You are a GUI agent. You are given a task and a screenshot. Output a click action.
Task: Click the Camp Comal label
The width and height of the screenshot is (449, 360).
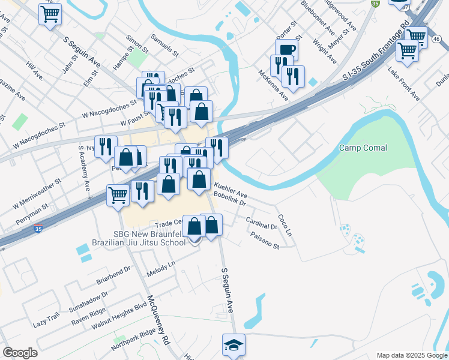[363, 148]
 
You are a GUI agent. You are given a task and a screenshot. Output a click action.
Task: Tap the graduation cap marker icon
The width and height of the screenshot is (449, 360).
[234, 344]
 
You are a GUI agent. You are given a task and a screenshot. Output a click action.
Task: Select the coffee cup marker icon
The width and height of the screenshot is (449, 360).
[286, 50]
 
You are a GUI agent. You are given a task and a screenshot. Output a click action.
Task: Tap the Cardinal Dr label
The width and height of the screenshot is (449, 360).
[262, 223]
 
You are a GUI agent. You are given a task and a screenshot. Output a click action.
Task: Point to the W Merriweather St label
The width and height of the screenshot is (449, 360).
[38, 193]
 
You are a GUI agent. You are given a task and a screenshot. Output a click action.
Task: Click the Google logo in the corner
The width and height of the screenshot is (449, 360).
[20, 353]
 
